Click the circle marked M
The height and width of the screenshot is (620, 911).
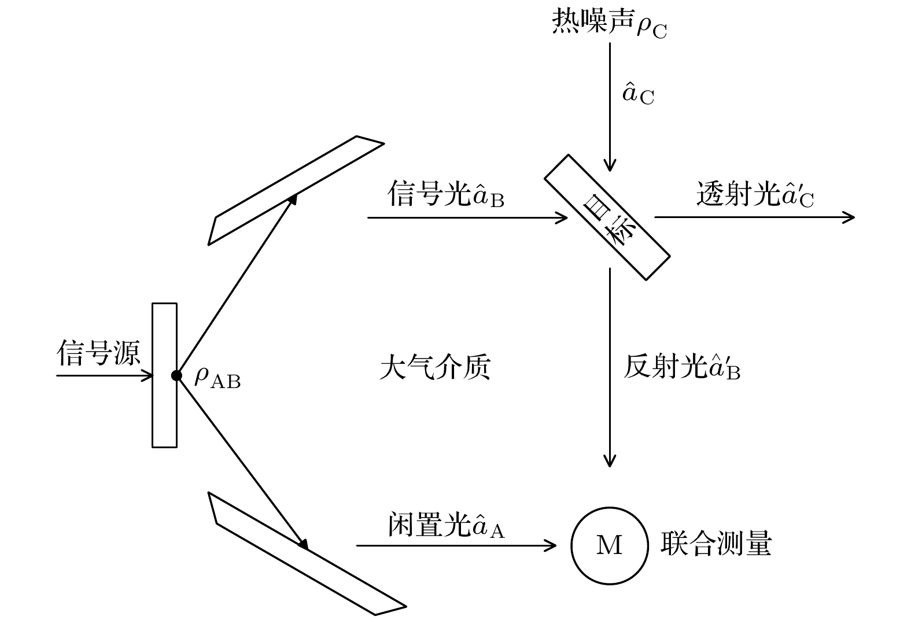(609, 545)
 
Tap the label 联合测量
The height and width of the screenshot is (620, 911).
(716, 544)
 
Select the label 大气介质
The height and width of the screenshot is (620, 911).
(435, 367)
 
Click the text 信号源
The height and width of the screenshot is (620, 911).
(98, 352)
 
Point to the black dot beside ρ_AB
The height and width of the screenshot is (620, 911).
(176, 375)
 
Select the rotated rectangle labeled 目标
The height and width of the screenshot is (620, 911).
(607, 217)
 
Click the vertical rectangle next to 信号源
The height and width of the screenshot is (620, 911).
(164, 375)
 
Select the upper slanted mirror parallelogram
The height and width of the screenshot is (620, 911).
(296, 190)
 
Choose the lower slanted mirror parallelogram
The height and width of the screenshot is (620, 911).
(307, 553)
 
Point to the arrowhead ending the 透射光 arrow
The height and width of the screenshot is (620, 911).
(850, 217)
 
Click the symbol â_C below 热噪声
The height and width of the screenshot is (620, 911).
(637, 94)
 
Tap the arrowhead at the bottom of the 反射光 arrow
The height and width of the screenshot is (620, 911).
(609, 462)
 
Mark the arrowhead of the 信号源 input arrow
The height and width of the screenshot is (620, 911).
(149, 376)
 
